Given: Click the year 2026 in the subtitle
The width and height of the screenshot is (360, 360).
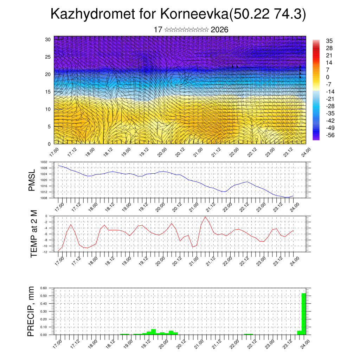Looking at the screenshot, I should coord(219,30).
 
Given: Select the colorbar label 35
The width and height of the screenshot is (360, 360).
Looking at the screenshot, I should coord(329,41).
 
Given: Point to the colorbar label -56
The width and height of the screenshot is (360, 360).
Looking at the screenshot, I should coord(330,135).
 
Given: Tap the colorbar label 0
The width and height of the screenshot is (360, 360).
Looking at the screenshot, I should coord(328,77).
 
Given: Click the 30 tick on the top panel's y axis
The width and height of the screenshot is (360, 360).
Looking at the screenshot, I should coord(48,39).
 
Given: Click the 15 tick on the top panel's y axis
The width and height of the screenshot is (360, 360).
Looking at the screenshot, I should coord(48,92).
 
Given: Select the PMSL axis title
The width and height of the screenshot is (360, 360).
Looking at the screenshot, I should coord(32,180).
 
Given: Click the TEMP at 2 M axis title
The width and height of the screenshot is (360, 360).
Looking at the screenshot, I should coord(34,234).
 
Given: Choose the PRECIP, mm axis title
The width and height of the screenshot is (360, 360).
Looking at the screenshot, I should coord(32,311).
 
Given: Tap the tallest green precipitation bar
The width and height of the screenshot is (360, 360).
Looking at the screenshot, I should coord(304,314).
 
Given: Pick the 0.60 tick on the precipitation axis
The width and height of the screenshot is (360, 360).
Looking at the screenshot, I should coord(43,288).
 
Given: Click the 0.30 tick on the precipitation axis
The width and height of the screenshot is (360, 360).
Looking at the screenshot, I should coord(43,311).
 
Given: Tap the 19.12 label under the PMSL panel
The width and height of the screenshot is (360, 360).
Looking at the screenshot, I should coord(143,206).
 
